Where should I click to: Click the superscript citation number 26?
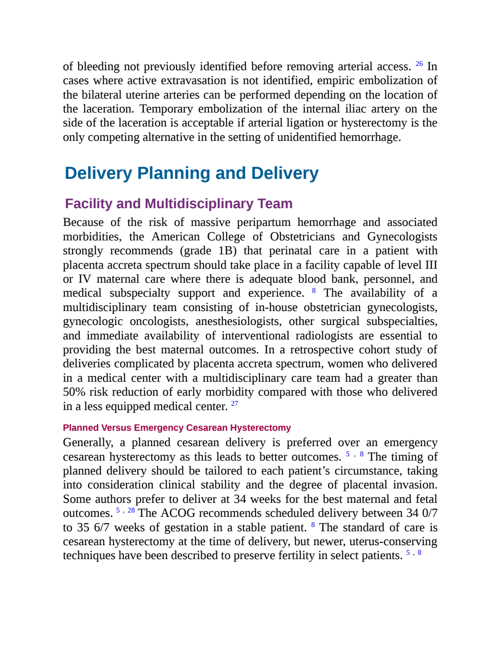click(x=419, y=63)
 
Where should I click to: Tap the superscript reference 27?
click(x=234, y=403)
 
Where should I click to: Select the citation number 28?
click(x=131, y=510)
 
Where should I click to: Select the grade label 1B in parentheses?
click(x=225, y=250)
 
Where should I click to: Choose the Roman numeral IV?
click(x=85, y=279)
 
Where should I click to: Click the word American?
click(x=175, y=237)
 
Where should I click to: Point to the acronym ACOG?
click(x=178, y=513)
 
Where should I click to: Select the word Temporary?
click(x=166, y=109)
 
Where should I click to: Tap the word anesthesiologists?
click(x=239, y=321)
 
